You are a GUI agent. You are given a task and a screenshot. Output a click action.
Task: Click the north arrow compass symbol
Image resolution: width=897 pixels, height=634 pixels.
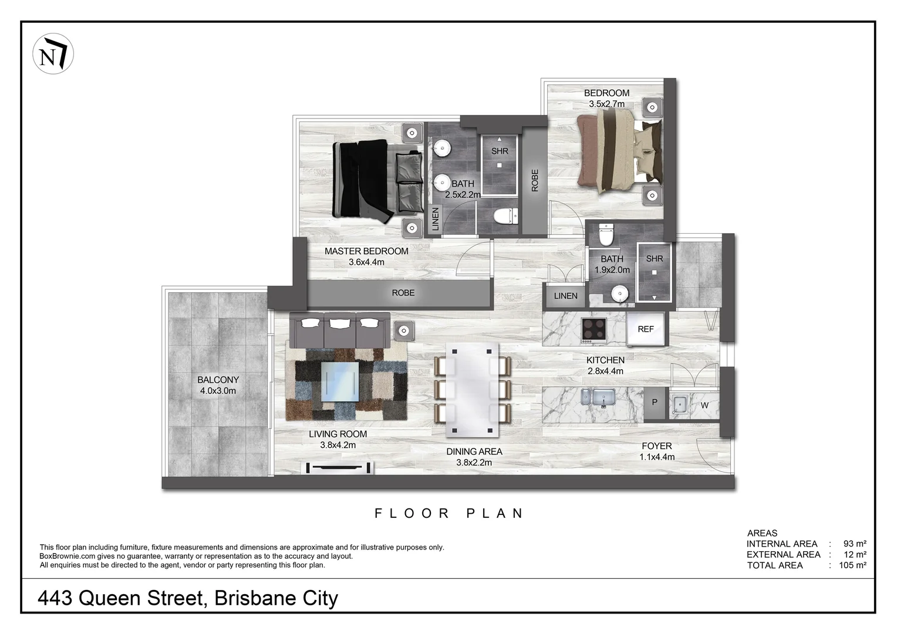pos(53,55)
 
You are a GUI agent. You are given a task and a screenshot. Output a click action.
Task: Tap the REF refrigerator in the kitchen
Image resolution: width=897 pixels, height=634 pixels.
pos(645,329)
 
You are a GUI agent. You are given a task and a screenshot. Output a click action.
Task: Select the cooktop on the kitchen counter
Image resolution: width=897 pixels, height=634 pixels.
pos(593,330)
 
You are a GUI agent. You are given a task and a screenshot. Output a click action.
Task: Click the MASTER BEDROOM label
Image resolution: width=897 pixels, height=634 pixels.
pos(366,251)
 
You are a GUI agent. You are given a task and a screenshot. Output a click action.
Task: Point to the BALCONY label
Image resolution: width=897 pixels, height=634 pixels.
pos(218,380)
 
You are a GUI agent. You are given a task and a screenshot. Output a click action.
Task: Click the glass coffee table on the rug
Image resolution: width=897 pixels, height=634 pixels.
pos(340,381)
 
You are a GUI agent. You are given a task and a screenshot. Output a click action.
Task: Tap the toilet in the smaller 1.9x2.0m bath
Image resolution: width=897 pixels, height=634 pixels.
pos(606,237)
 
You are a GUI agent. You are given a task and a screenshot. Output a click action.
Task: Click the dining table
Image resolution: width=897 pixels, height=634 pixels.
pos(473,390)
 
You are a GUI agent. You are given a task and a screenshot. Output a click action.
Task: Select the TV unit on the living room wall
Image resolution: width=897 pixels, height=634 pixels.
pos(339,468)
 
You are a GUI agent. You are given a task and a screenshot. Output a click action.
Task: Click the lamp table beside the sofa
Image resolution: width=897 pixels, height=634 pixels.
pos(403,331)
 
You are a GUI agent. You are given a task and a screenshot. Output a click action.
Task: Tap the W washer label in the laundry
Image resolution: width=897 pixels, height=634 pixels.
pos(704,405)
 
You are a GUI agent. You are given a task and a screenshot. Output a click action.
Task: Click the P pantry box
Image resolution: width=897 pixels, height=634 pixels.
pos(655,403)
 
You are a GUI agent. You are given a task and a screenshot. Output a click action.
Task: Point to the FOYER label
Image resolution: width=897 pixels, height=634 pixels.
pos(656,446)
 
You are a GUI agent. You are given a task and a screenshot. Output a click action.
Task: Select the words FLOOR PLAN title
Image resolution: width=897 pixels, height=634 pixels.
pos(449,513)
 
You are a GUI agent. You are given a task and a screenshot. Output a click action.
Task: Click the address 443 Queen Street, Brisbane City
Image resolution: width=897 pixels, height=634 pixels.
pos(188,598)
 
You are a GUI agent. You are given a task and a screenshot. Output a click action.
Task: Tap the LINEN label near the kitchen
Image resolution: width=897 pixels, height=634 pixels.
pos(565,296)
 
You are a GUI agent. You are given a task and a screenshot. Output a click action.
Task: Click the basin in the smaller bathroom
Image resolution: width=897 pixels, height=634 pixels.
pos(620,293)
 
